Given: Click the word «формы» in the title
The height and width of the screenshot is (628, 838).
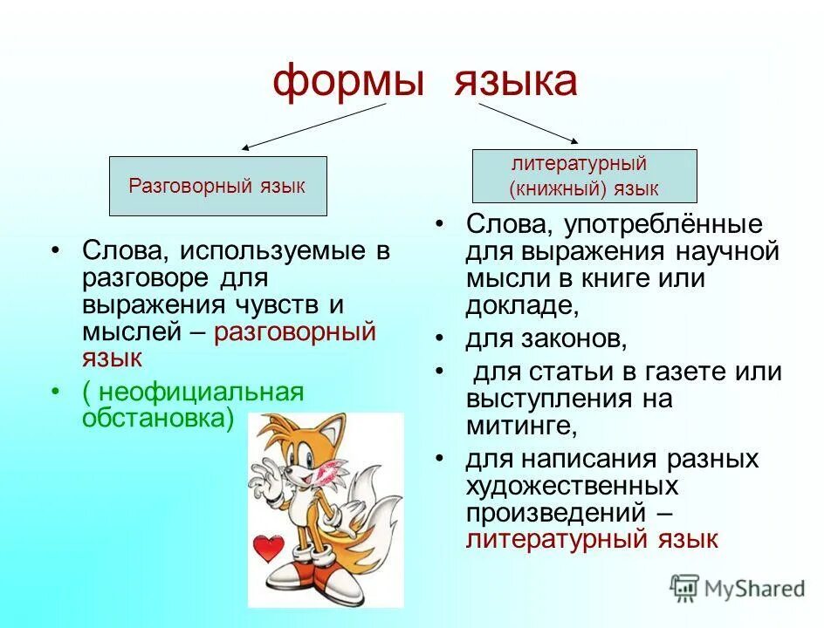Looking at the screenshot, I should tap(347, 83).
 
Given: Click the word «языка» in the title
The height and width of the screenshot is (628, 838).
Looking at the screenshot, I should tap(514, 83).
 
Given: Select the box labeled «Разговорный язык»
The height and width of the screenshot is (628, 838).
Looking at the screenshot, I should tap(217, 186).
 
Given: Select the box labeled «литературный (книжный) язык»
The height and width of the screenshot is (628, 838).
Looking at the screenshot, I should tap(584, 175).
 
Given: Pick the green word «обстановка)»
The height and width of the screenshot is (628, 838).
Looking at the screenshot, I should tap(158, 418).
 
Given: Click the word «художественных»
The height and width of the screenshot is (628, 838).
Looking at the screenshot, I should tap(571, 485).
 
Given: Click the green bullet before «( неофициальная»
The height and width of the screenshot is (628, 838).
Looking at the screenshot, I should tap(56, 392).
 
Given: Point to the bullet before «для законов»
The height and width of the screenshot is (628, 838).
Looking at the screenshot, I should tap(441, 338).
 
